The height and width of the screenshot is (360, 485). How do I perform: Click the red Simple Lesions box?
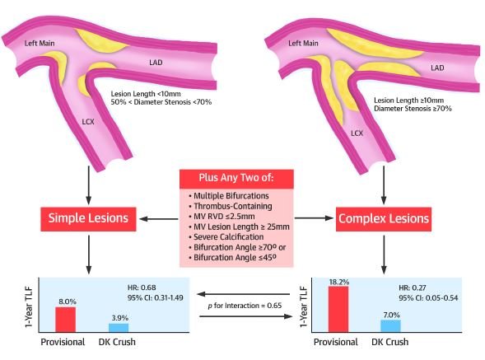click(x=88, y=219)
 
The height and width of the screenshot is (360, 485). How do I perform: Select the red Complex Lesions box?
click(x=384, y=219)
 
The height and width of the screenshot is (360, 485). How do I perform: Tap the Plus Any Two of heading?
click(x=236, y=178)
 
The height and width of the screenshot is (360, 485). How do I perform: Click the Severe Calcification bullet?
click(x=226, y=236)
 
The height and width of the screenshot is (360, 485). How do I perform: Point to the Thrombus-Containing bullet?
click(x=230, y=206)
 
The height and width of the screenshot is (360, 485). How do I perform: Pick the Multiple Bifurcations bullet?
click(x=229, y=195)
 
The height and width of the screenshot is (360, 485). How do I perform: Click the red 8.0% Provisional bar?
click(x=65, y=320)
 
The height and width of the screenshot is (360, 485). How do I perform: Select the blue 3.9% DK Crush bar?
click(x=119, y=328)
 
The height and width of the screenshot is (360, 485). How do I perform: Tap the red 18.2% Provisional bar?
click(x=338, y=309)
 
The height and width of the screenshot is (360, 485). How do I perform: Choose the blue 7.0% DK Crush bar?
click(x=390, y=326)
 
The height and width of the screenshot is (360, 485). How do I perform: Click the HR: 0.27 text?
click(x=413, y=288)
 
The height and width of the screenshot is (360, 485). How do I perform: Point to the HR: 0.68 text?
click(x=142, y=288)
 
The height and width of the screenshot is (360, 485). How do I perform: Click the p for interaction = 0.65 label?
click(x=245, y=306)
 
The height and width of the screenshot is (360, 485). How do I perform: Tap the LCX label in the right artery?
click(x=357, y=133)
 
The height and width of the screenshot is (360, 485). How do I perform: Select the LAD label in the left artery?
click(x=156, y=63)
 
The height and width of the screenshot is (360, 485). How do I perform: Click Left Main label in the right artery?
click(x=303, y=44)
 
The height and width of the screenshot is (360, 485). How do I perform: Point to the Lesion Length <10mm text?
click(x=146, y=94)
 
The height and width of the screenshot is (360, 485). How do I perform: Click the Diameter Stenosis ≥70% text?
click(x=413, y=109)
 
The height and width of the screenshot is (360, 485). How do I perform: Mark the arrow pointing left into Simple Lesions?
click(x=159, y=219)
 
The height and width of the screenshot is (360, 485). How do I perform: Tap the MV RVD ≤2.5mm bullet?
click(x=222, y=217)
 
